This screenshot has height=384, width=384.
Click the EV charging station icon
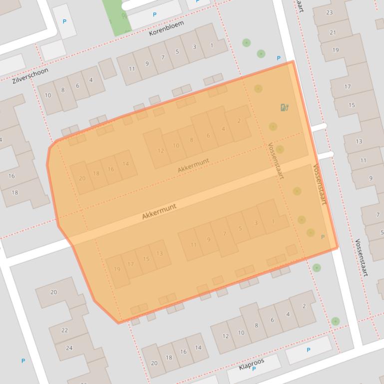coord(285,107)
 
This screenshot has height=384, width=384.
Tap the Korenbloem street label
coord(166,28)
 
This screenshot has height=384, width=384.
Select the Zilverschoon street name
coord(30,75)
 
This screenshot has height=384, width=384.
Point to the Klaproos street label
coord(251,364)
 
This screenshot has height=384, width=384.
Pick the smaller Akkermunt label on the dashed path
coord(193,166)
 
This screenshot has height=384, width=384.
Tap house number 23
coord(330,12)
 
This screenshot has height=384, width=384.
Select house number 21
coord(333,32)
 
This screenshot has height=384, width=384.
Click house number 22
coord(64,330)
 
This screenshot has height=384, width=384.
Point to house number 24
coord(69,348)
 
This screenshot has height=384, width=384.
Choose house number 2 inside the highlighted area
coord(239,121)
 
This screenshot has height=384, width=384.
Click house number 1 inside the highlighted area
coord(273,221)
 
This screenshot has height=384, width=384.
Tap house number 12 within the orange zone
coord(160,151)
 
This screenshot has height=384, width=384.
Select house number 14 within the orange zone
coord(125,164)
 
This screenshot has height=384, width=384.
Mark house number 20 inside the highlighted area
coord(82,179)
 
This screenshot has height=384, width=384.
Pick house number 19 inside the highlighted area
coord(117,269)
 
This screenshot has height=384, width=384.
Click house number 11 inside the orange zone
coord(193,245)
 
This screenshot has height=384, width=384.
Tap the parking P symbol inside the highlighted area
coord(323,237)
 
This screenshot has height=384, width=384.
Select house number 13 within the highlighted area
coord(160,253)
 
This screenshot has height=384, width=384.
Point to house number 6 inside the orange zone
coord(208,136)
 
